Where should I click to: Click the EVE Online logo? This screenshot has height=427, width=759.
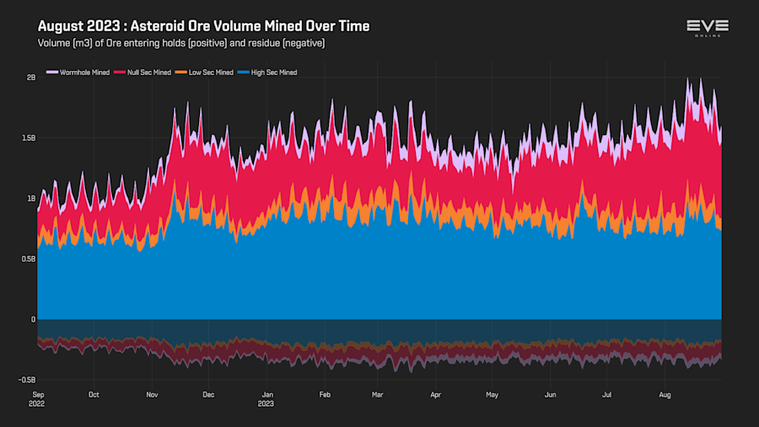click(x=707, y=28)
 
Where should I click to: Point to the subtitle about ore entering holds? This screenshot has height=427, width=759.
click(x=181, y=42)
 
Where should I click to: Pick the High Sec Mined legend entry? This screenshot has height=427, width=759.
click(x=270, y=73)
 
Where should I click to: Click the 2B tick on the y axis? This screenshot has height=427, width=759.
click(x=31, y=78)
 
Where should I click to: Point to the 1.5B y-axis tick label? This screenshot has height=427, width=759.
click(x=29, y=138)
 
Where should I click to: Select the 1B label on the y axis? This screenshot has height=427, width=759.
click(x=31, y=198)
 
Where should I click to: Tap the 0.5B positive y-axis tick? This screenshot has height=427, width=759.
click(x=29, y=259)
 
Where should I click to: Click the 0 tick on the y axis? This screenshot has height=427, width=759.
click(x=34, y=320)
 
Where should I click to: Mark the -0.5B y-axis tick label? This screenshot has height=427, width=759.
click(x=27, y=380)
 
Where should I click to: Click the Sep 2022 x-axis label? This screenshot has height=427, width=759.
click(x=39, y=398)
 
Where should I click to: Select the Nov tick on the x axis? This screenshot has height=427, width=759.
click(x=153, y=394)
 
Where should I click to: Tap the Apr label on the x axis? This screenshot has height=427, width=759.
click(x=435, y=394)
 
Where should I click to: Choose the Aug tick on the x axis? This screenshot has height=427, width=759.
click(x=665, y=394)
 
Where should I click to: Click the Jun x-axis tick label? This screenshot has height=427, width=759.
click(x=550, y=394)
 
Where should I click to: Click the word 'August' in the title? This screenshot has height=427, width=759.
click(x=61, y=26)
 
